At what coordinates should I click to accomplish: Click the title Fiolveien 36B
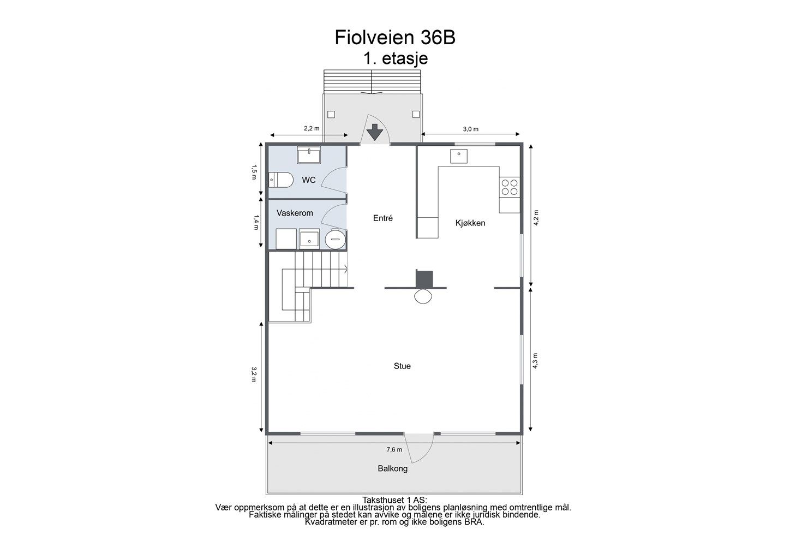point(395,38)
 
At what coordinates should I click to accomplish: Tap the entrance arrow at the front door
point(375,132)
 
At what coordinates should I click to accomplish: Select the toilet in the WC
point(281,180)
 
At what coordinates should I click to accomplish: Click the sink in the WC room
point(309,154)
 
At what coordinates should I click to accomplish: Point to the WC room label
point(309,180)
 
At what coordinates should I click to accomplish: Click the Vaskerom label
point(295,213)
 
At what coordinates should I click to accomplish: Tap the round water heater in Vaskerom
point(336,239)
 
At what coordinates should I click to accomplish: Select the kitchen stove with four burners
point(510,187)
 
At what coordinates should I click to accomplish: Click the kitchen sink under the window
point(459,156)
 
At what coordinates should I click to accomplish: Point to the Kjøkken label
point(470,223)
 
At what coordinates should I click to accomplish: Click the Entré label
point(382,218)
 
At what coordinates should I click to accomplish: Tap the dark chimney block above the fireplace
point(424,279)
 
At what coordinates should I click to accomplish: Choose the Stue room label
point(402,366)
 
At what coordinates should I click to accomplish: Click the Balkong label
point(392,468)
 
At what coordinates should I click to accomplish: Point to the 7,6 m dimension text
point(394,450)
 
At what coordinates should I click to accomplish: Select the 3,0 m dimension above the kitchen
point(470,129)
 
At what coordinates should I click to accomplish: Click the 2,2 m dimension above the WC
point(312,128)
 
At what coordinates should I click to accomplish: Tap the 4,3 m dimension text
point(535,361)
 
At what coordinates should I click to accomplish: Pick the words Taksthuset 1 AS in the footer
point(394,500)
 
